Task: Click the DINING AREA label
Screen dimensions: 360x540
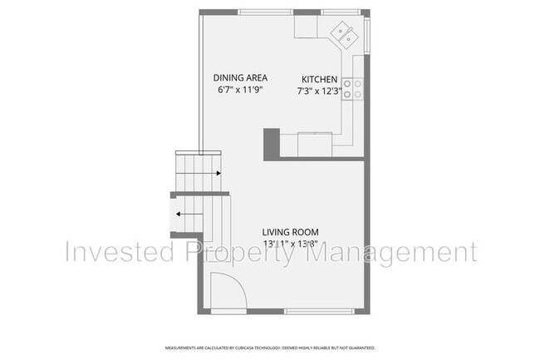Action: click(242, 77)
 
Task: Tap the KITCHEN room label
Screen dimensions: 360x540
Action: click(319, 80)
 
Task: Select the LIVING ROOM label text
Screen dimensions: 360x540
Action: click(291, 232)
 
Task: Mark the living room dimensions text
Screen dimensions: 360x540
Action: click(291, 244)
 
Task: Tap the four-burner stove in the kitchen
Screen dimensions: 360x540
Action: click(353, 88)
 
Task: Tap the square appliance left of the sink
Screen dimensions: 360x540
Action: click(306, 27)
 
